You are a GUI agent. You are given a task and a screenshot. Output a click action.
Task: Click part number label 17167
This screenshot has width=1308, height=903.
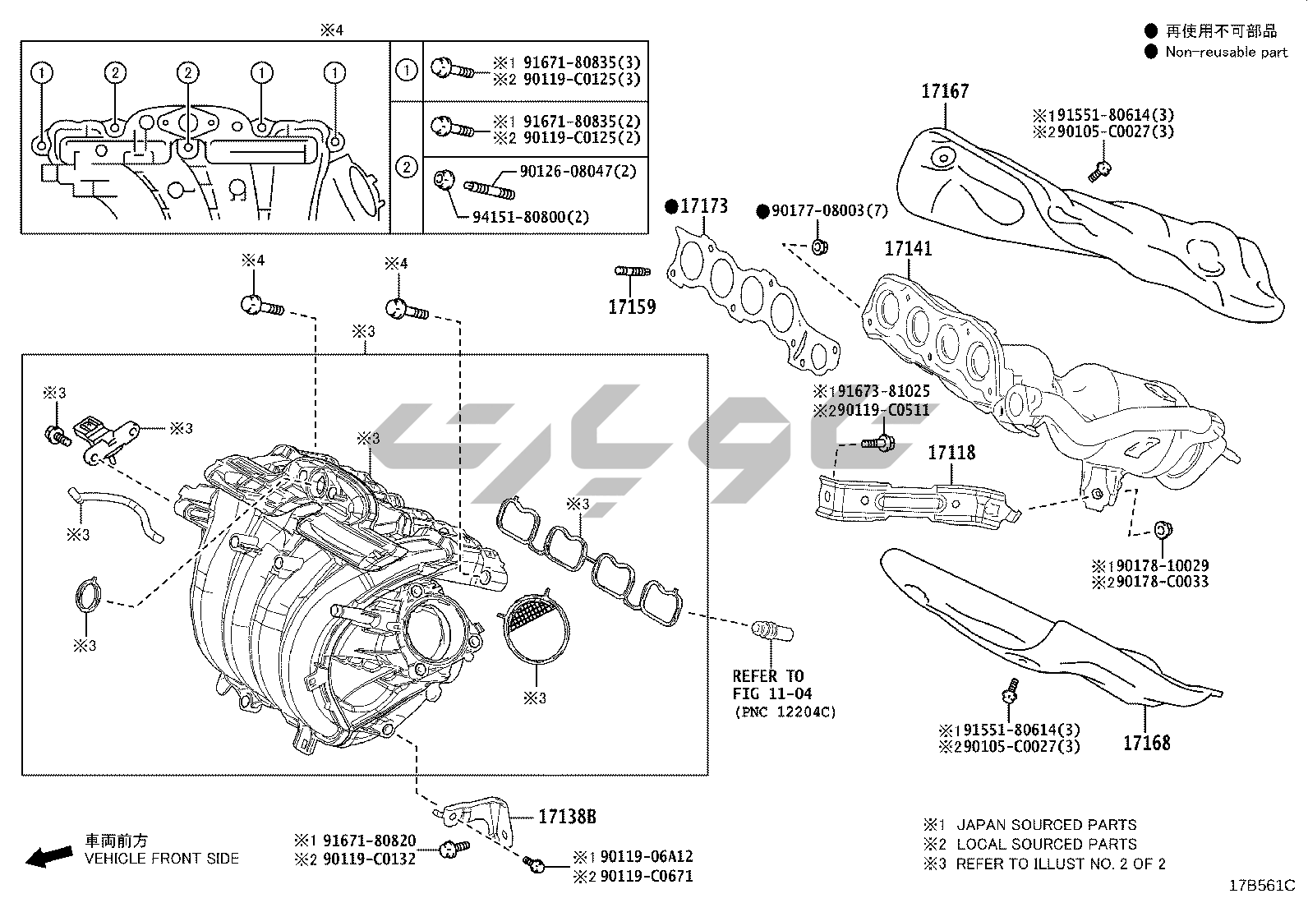click(x=945, y=91)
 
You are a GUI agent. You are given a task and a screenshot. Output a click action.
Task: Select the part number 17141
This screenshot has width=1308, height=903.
click(x=908, y=249)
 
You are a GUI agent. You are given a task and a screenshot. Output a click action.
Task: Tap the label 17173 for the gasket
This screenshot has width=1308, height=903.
click(x=704, y=206)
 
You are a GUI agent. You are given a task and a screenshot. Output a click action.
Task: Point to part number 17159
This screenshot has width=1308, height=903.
click(x=632, y=306)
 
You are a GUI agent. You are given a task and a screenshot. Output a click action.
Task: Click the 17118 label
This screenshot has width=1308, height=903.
click(x=951, y=453)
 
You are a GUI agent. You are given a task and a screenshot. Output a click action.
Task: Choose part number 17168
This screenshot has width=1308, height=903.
click(x=1147, y=743)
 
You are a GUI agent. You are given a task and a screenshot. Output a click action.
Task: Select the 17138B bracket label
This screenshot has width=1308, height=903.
click(x=567, y=817)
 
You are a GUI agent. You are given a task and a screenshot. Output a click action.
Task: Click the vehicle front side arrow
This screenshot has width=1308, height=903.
click(x=49, y=857)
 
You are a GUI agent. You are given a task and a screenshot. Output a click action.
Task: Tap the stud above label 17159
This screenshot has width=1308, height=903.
click(x=633, y=271)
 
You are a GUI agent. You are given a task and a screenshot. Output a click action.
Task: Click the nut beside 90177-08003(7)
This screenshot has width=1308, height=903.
click(x=820, y=247)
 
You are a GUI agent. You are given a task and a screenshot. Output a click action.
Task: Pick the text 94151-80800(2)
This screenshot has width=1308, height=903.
click(x=531, y=217)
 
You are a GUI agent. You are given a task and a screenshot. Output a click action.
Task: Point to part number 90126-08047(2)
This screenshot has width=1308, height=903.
click(x=578, y=171)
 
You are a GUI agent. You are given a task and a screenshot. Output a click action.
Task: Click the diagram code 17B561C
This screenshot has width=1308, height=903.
click(x=1262, y=886)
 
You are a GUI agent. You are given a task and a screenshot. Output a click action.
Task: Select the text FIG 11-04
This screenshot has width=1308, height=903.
click(x=772, y=694)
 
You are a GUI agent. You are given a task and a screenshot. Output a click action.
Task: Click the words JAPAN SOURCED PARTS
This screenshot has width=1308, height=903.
click(x=1047, y=825)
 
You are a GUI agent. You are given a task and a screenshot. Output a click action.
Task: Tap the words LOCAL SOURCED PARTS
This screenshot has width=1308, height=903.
click(x=1047, y=844)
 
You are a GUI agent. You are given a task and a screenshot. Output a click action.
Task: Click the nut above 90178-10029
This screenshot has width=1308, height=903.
click(x=1163, y=530)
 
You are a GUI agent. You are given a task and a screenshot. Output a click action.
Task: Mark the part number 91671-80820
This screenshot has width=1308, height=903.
click(x=369, y=841)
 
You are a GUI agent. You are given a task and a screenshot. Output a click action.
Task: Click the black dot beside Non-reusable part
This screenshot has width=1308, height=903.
click(x=1151, y=52)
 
